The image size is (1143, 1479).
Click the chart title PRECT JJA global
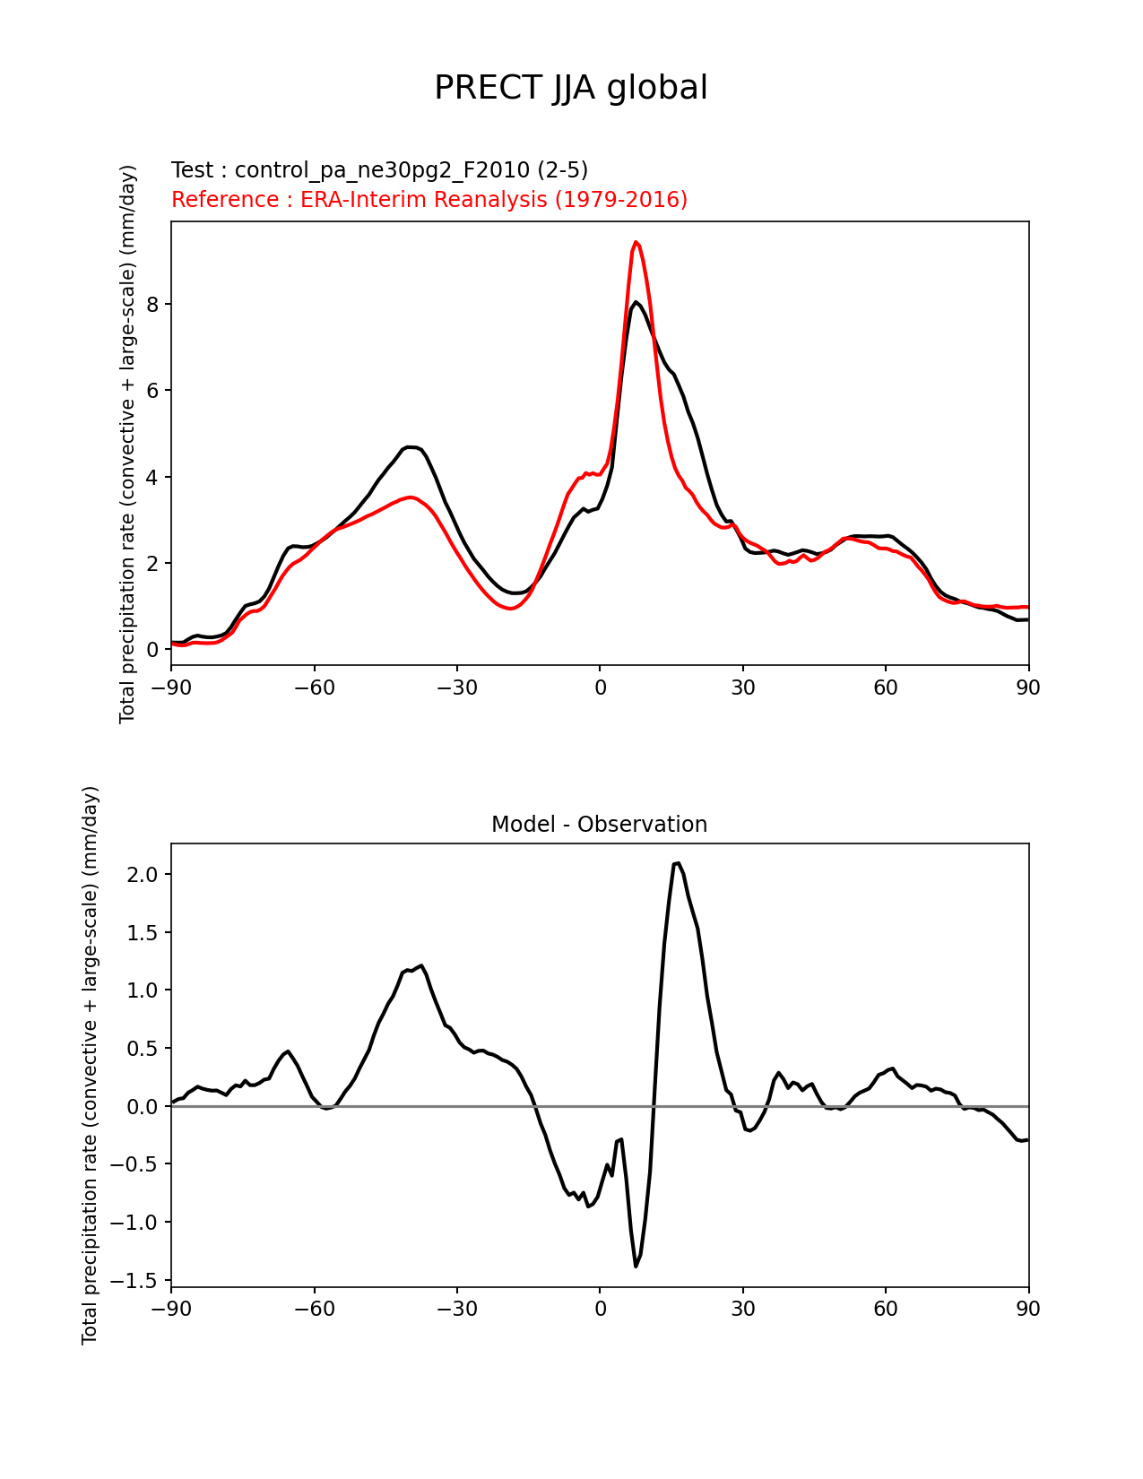[571, 88]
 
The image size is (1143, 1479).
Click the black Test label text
[379, 170]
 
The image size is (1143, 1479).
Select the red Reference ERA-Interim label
[429, 199]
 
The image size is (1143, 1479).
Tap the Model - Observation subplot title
[599, 825]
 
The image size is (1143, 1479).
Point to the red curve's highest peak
[636, 242]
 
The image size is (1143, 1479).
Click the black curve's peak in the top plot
[636, 302]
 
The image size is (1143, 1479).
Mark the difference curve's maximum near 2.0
[677, 863]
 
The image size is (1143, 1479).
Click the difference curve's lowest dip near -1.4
[636, 1266]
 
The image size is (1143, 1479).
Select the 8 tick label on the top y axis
[152, 305]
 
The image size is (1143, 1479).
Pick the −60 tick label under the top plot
[314, 688]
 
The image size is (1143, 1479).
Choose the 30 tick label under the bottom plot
[742, 1309]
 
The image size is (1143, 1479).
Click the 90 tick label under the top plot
[1028, 688]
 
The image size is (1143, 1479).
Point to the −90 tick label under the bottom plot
[171, 1309]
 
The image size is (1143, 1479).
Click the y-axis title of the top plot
[128, 444]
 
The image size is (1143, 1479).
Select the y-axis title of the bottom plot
[90, 1065]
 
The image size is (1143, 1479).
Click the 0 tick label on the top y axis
[152, 650]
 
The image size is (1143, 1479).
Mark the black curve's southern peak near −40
[410, 446]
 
